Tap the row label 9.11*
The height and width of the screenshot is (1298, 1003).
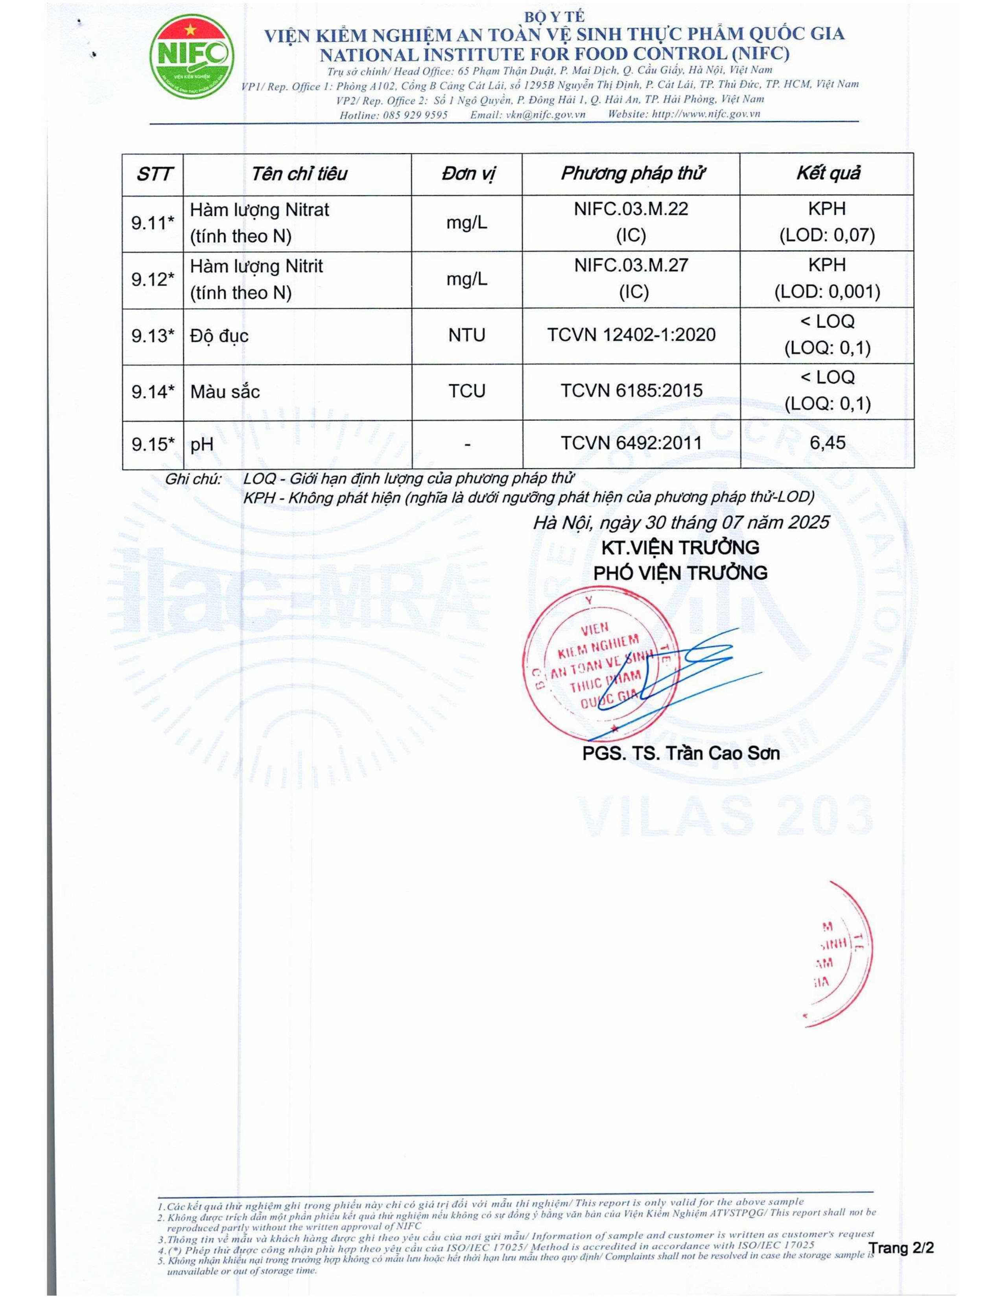coord(153,223)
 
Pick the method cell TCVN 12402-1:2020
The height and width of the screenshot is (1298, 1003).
coord(631,335)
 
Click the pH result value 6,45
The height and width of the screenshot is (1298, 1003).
coord(827,443)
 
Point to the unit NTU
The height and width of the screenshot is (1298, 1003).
coord(466,335)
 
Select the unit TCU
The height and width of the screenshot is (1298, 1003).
coord(466,391)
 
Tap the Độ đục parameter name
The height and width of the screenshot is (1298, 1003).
coord(219,336)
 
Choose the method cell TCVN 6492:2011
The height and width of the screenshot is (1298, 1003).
coord(631,443)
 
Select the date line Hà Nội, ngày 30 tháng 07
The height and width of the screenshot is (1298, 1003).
coord(680,522)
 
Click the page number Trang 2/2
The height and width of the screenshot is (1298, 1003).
coord(901,1247)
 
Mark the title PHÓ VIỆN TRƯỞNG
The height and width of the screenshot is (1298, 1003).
coord(680,573)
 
